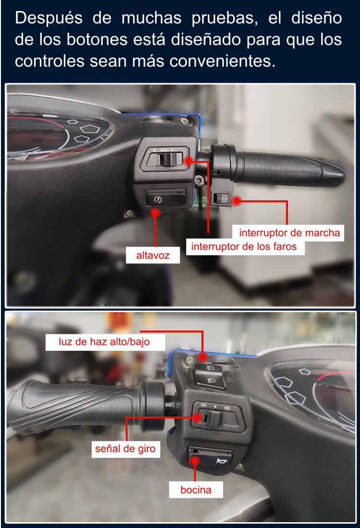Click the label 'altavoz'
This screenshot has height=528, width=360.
(153, 255)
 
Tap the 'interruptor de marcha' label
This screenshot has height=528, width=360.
(289, 233)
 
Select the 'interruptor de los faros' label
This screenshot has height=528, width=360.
(244, 246)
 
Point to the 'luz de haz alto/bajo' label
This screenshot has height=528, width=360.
(104, 342)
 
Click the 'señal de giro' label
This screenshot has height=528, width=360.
(125, 449)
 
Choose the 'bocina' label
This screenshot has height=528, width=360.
(196, 490)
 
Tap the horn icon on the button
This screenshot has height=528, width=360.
(222, 461)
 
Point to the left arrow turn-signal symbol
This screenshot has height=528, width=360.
(204, 405)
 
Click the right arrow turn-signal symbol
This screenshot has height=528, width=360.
(228, 408)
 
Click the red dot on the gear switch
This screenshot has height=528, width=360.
(237, 201)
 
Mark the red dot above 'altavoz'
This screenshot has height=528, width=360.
(155, 212)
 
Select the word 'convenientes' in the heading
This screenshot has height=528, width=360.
(222, 61)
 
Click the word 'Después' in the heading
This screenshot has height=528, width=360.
(49, 18)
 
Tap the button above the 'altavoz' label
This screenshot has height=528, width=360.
(166, 198)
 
